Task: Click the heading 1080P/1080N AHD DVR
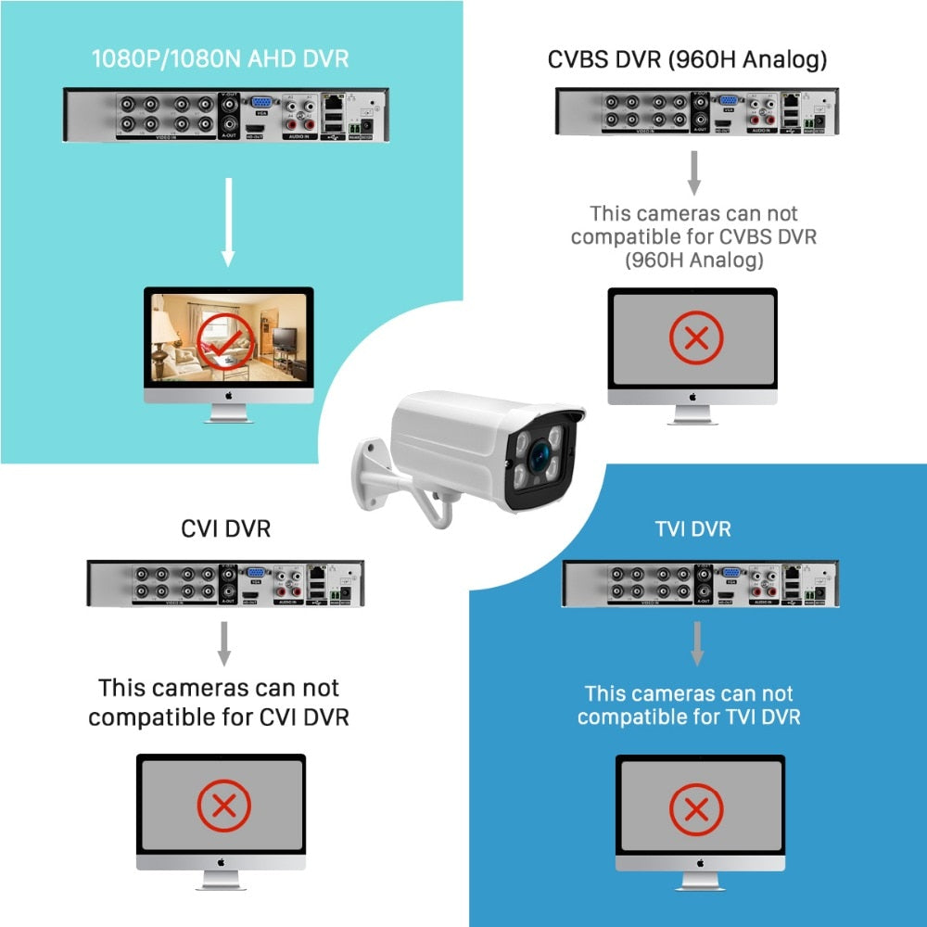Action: click(x=220, y=58)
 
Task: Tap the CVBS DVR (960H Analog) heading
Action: click(x=687, y=59)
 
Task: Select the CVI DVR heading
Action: click(x=225, y=528)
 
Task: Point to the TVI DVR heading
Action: click(x=692, y=528)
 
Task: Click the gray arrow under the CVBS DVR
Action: click(x=693, y=171)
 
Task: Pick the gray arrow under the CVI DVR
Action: click(x=223, y=642)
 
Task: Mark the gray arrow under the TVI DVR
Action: click(x=697, y=642)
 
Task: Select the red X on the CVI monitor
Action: click(x=222, y=805)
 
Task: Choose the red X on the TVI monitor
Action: click(x=695, y=807)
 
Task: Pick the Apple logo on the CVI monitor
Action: click(x=222, y=862)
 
